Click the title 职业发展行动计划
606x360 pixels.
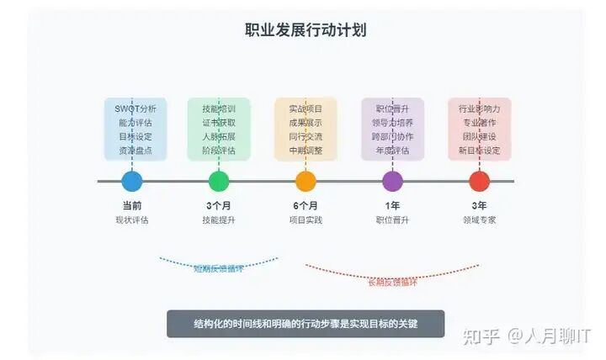pyautogui.click(x=305, y=30)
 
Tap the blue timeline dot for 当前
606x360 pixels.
pyautogui.click(x=132, y=181)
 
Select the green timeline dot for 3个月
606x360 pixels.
pyautogui.click(x=219, y=181)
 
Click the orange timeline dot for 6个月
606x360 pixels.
pyautogui.click(x=306, y=181)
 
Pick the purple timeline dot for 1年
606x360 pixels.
pyautogui.click(x=392, y=181)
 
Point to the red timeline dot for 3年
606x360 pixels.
pyautogui.click(x=479, y=181)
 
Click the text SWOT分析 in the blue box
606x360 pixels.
pyautogui.click(x=136, y=109)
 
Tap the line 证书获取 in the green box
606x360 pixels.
pyautogui.click(x=219, y=123)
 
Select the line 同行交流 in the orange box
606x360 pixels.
pyautogui.click(x=306, y=136)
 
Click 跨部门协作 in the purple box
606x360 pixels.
pyautogui.click(x=392, y=136)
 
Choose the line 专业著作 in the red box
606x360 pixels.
pyautogui.click(x=479, y=123)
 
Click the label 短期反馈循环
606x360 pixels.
pyautogui.click(x=218, y=269)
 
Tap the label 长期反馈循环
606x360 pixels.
pyautogui.click(x=392, y=282)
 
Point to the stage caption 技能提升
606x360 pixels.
pyautogui.click(x=219, y=220)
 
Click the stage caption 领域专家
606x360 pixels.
pyautogui.click(x=479, y=220)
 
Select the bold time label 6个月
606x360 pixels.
pyautogui.click(x=306, y=206)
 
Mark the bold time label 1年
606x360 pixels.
pyautogui.click(x=392, y=206)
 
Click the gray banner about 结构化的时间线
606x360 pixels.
pyautogui.click(x=305, y=324)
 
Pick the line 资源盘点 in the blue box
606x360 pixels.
pyautogui.click(x=136, y=151)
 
